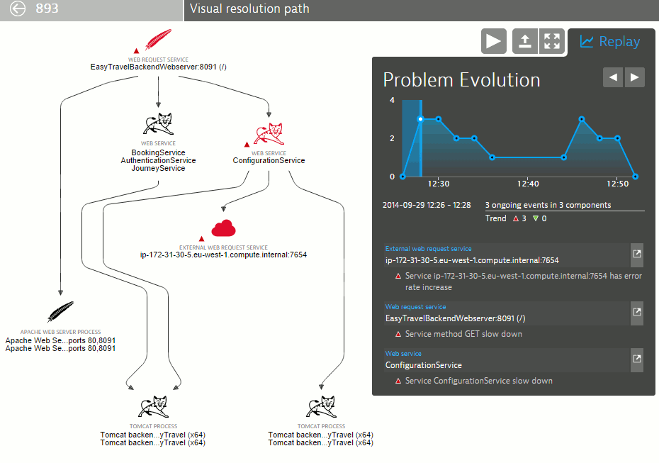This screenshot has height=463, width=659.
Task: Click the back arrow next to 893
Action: pyautogui.click(x=18, y=9)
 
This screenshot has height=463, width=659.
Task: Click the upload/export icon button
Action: pyautogui.click(x=525, y=41)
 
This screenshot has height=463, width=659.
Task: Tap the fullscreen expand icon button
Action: pyautogui.click(x=552, y=41)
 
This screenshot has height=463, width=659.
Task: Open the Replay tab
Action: pyautogui.click(x=610, y=42)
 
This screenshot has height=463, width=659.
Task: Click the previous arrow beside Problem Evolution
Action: pyautogui.click(x=613, y=77)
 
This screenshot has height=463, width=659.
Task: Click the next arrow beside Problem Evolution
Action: pyautogui.click(x=635, y=77)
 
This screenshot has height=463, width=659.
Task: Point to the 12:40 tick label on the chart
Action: pyautogui.click(x=528, y=184)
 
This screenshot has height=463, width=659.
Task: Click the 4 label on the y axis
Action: pyautogui.click(x=392, y=100)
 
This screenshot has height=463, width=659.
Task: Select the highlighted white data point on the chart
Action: pyautogui.click(x=420, y=119)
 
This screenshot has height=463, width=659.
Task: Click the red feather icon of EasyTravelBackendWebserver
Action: pyautogui.click(x=159, y=39)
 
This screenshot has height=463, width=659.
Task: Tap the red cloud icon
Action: pyautogui.click(x=224, y=228)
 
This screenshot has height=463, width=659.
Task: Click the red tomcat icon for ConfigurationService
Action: pyautogui.click(x=269, y=134)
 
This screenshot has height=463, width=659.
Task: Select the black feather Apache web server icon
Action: pyautogui.click(x=60, y=311)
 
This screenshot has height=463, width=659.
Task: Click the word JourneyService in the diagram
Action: pyautogui.click(x=159, y=168)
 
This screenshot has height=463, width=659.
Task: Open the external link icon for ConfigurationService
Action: pyautogui.click(x=637, y=359)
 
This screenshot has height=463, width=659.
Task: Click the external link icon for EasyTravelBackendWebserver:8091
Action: pyautogui.click(x=637, y=312)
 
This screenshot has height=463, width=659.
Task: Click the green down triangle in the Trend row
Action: pyautogui.click(x=536, y=218)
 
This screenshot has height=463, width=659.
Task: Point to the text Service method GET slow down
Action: pyautogui.click(x=463, y=334)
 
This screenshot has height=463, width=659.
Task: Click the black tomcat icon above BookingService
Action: pyautogui.click(x=159, y=123)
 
